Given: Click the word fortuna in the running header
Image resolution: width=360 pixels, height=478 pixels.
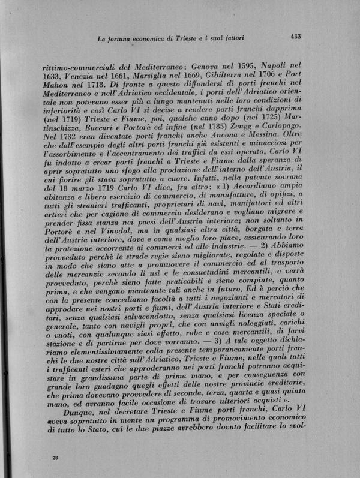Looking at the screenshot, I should [119, 39].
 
